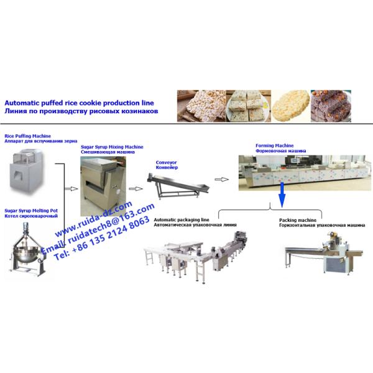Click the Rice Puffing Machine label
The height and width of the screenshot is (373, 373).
pyautogui.click(x=27, y=136)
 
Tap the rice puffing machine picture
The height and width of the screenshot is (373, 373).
pyautogui.click(x=27, y=171)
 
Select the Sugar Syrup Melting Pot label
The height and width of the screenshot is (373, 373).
pyautogui.click(x=31, y=211)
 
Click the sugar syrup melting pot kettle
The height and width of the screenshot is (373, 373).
pyautogui.click(x=27, y=249)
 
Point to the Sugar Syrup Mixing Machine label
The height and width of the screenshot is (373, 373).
pyautogui.click(x=112, y=147)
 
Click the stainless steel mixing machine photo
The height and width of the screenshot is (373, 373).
pyautogui.click(x=103, y=186)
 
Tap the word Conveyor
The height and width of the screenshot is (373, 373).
pyautogui.click(x=166, y=162)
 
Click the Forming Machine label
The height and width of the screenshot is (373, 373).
pyautogui.click(x=275, y=145)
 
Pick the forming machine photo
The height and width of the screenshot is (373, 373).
pyautogui.click(x=305, y=173)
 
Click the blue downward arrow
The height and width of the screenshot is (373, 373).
pyautogui.click(x=282, y=195)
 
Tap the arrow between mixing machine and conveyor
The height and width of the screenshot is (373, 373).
pyautogui.click(x=136, y=189)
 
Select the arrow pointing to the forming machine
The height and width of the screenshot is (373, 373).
pyautogui.click(x=222, y=180)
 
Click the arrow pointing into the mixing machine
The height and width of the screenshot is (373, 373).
pyautogui.click(x=71, y=189)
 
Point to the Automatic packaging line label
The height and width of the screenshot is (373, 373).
pyautogui.click(x=182, y=220)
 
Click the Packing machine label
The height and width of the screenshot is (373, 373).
pyautogui.click(x=298, y=220)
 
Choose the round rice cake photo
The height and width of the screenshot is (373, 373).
pyautogui.click(x=291, y=106)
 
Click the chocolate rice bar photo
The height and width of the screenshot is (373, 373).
pyautogui.click(x=331, y=106)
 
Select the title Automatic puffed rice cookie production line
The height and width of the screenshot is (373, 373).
pyautogui.click(x=79, y=103)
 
